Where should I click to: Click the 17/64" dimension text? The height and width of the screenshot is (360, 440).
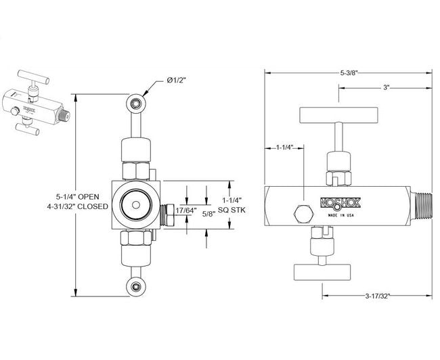coord(185,210)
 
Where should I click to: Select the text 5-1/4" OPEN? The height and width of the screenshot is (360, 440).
coord(83,196)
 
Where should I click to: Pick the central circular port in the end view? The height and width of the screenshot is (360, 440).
coord(134,204)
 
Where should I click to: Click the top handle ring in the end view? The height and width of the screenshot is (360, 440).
coord(136,103)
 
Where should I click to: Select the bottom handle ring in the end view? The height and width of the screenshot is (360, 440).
coord(136,286)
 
